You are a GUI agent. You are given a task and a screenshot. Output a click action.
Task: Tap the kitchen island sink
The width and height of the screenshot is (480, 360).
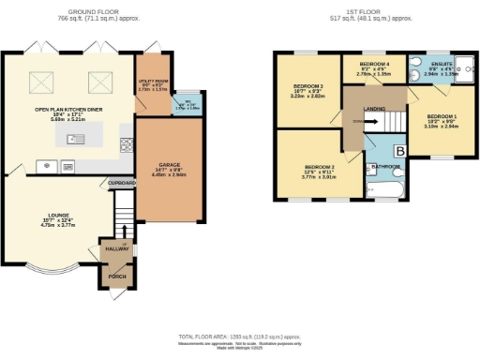click(x=72, y=140)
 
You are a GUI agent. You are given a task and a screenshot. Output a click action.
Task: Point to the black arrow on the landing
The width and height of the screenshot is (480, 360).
click(x=357, y=121)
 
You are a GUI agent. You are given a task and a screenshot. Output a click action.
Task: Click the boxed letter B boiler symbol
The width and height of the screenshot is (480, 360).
click(x=398, y=150)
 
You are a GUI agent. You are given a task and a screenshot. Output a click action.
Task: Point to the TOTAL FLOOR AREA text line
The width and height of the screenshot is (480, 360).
click(x=240, y=336)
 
